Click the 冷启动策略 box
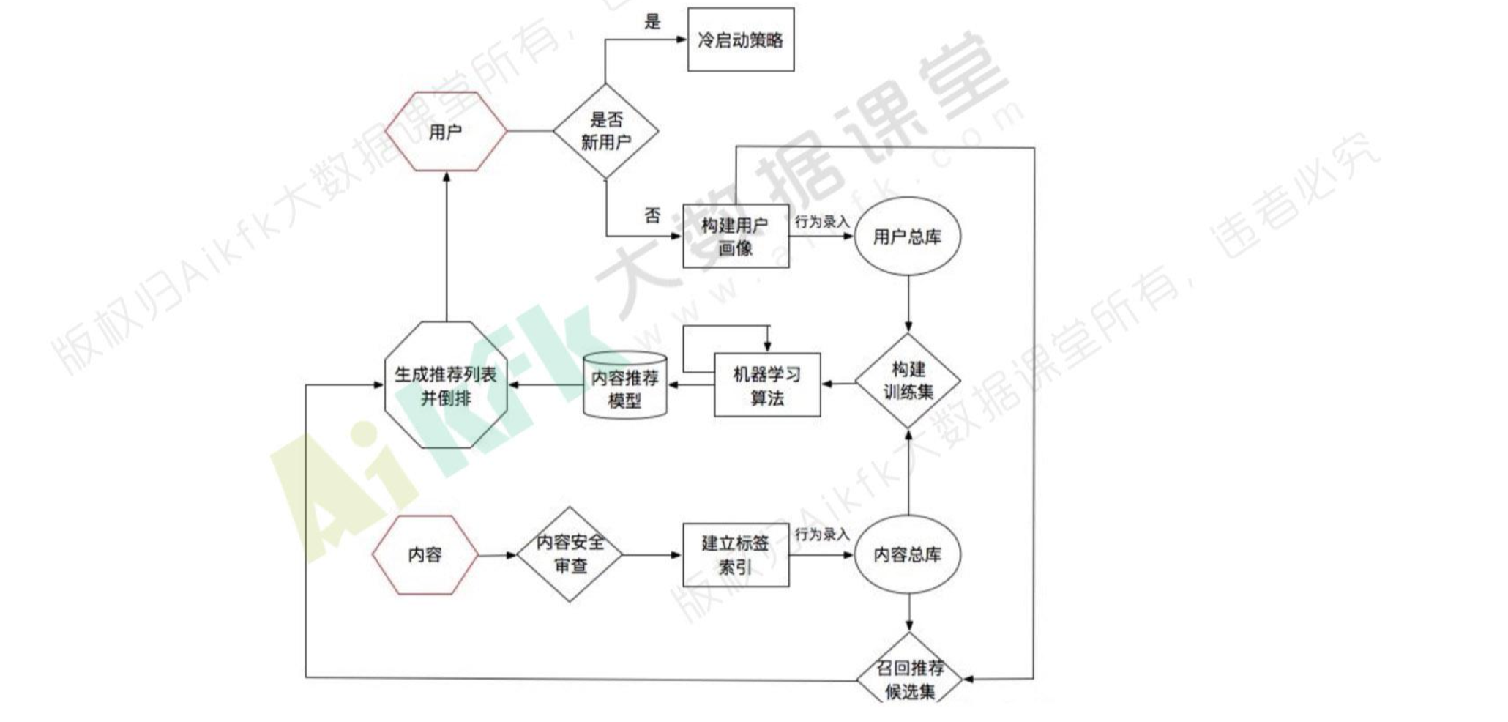(x=740, y=40)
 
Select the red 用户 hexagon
(x=446, y=132)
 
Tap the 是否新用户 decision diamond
(x=605, y=131)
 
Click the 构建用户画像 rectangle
(x=735, y=236)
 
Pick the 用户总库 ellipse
(x=907, y=236)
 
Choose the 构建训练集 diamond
(x=908, y=381)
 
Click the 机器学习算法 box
(x=766, y=385)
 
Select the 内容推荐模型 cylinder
(x=624, y=386)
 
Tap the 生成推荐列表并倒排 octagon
(x=446, y=385)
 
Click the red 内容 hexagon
(x=425, y=554)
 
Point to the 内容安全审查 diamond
(x=570, y=554)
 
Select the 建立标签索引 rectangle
(x=735, y=554)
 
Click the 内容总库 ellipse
(x=907, y=554)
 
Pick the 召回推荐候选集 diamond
(x=909, y=678)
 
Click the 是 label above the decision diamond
(x=652, y=21)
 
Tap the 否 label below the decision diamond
(x=652, y=215)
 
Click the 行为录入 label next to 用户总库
(x=822, y=221)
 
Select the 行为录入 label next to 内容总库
(x=822, y=535)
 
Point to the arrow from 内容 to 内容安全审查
(x=497, y=555)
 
